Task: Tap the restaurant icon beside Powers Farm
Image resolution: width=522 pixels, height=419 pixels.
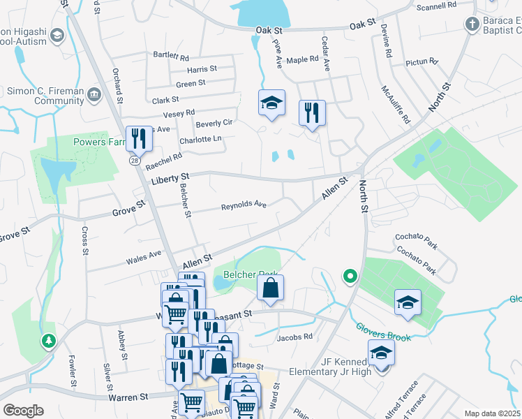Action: [138, 139]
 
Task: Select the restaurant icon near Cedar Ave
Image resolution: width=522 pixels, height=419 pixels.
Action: [312, 112]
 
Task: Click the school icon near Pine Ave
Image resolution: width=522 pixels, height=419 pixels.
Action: [271, 103]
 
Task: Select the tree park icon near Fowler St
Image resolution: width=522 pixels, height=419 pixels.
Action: [48, 341]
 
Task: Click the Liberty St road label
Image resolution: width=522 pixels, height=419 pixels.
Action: [170, 182]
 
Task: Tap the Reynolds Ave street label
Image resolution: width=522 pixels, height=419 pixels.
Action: [244, 206]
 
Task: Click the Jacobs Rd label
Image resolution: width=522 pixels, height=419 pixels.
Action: [294, 337]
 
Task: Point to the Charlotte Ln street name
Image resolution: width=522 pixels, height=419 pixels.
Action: [200, 140]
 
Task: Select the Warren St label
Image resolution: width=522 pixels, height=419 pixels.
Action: [128, 397]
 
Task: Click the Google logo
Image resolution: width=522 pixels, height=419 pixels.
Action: [23, 411]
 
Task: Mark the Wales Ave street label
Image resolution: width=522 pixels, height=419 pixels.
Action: [143, 258]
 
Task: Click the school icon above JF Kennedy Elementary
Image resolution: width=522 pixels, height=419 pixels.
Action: [381, 353]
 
